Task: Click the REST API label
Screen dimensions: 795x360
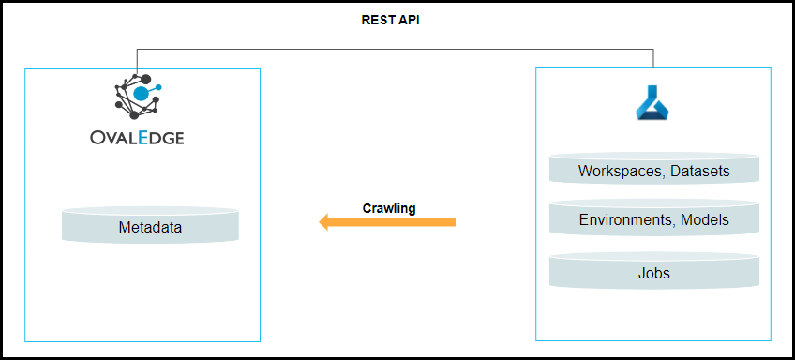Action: [x=390, y=21]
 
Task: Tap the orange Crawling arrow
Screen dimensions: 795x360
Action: [x=387, y=221]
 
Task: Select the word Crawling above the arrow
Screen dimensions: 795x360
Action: [x=389, y=208]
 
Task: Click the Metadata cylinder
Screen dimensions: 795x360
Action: [x=150, y=225]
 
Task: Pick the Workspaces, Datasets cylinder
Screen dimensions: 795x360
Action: [x=654, y=169]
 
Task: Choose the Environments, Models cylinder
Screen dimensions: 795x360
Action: [x=654, y=217]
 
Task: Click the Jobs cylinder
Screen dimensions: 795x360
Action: [x=654, y=271]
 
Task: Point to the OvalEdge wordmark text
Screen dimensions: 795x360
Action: [x=137, y=138]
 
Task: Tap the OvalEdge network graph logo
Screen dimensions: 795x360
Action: [x=138, y=97]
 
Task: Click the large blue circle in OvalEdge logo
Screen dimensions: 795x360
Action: [x=141, y=94]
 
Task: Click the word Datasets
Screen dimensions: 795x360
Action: [x=700, y=171]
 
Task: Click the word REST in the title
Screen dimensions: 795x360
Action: [x=375, y=21]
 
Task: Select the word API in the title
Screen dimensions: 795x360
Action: [x=407, y=21]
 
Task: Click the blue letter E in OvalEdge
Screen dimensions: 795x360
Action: [x=143, y=138]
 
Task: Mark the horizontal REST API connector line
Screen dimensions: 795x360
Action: [x=395, y=50]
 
